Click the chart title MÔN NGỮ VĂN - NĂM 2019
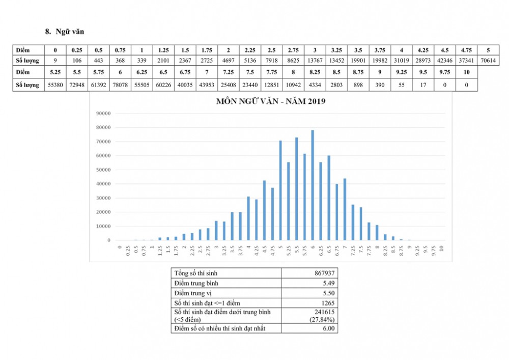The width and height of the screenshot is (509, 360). (271, 101)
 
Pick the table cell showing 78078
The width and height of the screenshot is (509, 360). (120, 85)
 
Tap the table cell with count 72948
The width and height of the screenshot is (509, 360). (76, 85)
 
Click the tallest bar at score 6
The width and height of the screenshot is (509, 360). (313, 185)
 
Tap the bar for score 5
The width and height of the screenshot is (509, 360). (280, 190)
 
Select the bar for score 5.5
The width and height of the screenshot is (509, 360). (296, 189)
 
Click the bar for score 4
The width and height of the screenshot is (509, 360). (248, 218)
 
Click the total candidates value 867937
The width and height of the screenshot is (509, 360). (324, 273)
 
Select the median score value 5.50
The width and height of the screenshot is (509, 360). (328, 293)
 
